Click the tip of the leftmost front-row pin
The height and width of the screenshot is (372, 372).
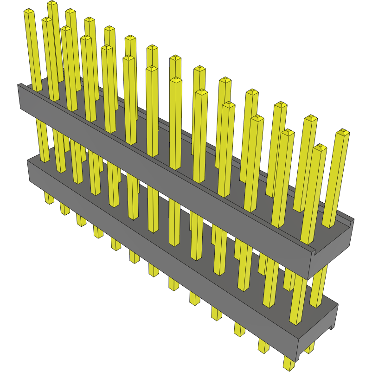coord(29,11)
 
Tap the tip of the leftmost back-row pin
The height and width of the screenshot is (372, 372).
coord(52,4)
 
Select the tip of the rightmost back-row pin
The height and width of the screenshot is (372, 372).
coord(342,132)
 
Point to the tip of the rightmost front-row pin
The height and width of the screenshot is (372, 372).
coord(320,148)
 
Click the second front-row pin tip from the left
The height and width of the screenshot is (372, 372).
coord(47,20)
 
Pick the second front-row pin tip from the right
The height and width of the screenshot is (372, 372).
coord(288,133)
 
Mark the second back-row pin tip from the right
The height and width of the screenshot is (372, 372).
coord(310,118)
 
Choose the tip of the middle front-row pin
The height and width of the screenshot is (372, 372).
coord(176,80)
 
